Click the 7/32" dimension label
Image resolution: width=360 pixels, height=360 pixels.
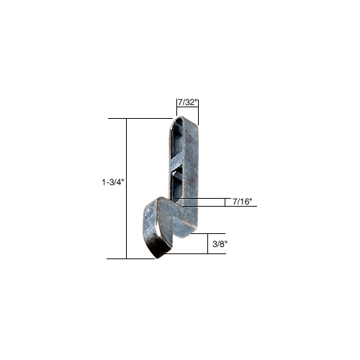click(x=186, y=102)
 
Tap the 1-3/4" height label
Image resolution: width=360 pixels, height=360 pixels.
click(x=114, y=183)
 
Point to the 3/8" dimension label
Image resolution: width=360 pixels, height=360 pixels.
click(x=220, y=245)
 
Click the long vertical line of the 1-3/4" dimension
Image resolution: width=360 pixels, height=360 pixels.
click(x=127, y=187)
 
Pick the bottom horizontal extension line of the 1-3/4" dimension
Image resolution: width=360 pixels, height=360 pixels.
click(x=140, y=258)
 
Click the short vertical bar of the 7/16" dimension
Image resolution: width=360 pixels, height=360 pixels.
click(x=223, y=202)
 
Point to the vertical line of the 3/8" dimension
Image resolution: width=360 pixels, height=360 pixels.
click(x=207, y=244)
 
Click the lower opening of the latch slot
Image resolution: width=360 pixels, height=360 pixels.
click(x=177, y=186)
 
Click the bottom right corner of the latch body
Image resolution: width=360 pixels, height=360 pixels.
click(x=192, y=232)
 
